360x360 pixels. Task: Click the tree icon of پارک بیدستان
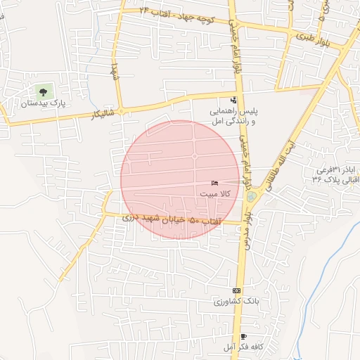point(44,91)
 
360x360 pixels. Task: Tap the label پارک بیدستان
point(44,103)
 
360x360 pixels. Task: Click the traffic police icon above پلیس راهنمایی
point(233,100)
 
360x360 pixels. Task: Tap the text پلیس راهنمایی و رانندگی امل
point(233,117)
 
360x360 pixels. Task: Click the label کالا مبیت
point(212,193)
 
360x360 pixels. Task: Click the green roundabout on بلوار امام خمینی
point(251,197)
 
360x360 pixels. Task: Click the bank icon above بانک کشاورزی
point(236,290)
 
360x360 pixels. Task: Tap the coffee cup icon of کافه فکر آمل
point(243,337)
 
